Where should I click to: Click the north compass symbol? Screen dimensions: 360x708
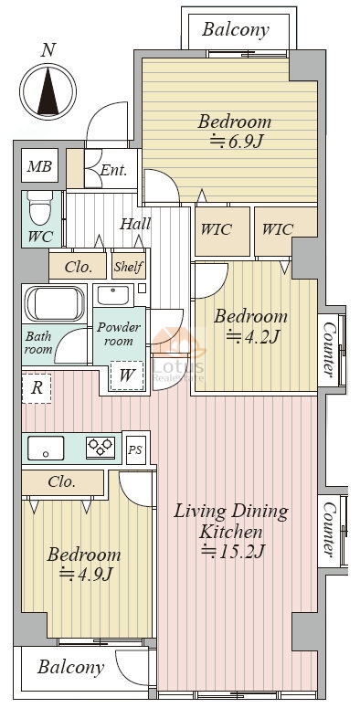48,91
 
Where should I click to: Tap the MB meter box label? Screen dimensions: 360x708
40,166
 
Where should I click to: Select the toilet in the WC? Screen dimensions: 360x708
40,207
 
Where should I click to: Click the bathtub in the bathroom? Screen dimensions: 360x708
54,303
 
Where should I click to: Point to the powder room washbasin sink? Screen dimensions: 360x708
112,295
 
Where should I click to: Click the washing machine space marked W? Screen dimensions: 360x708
126,375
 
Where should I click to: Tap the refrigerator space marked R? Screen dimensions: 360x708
37,388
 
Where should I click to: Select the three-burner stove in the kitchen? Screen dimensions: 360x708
101,448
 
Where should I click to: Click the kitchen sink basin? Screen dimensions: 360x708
45,448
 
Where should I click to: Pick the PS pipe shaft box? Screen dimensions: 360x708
135,449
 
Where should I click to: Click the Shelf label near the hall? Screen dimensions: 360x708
129,267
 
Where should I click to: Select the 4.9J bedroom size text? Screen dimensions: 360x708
85,574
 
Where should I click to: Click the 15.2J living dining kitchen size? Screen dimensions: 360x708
233,551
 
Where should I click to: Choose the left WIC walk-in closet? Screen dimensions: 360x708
216,229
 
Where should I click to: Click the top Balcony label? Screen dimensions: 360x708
236,30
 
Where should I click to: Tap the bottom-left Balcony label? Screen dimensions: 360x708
70,667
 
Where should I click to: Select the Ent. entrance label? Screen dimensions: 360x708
113,170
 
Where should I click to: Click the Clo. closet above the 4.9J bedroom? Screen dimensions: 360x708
61,482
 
